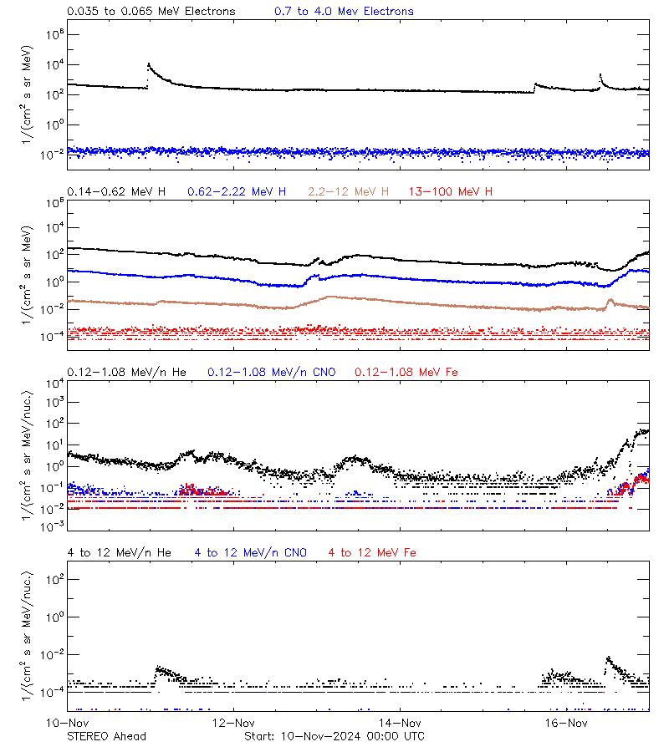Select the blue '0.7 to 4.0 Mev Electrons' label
pyautogui.click(x=344, y=12)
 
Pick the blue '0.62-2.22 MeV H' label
pyautogui.click(x=237, y=192)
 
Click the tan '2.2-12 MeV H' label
pyautogui.click(x=349, y=192)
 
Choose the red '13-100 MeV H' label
pyautogui.click(x=451, y=192)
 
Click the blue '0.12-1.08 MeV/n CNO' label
pyautogui.click(x=271, y=372)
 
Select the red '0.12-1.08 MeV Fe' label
pyautogui.click(x=406, y=372)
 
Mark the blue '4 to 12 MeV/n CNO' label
pyautogui.click(x=251, y=552)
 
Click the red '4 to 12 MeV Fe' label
pyautogui.click(x=372, y=552)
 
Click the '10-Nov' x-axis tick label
pyautogui.click(x=68, y=723)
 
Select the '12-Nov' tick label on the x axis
pyautogui.click(x=233, y=723)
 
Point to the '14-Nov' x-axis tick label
pyautogui.click(x=400, y=723)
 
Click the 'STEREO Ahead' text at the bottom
pyautogui.click(x=106, y=736)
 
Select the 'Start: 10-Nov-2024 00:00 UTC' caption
pyautogui.click(x=334, y=736)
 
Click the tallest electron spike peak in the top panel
pyautogui.click(x=149, y=64)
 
